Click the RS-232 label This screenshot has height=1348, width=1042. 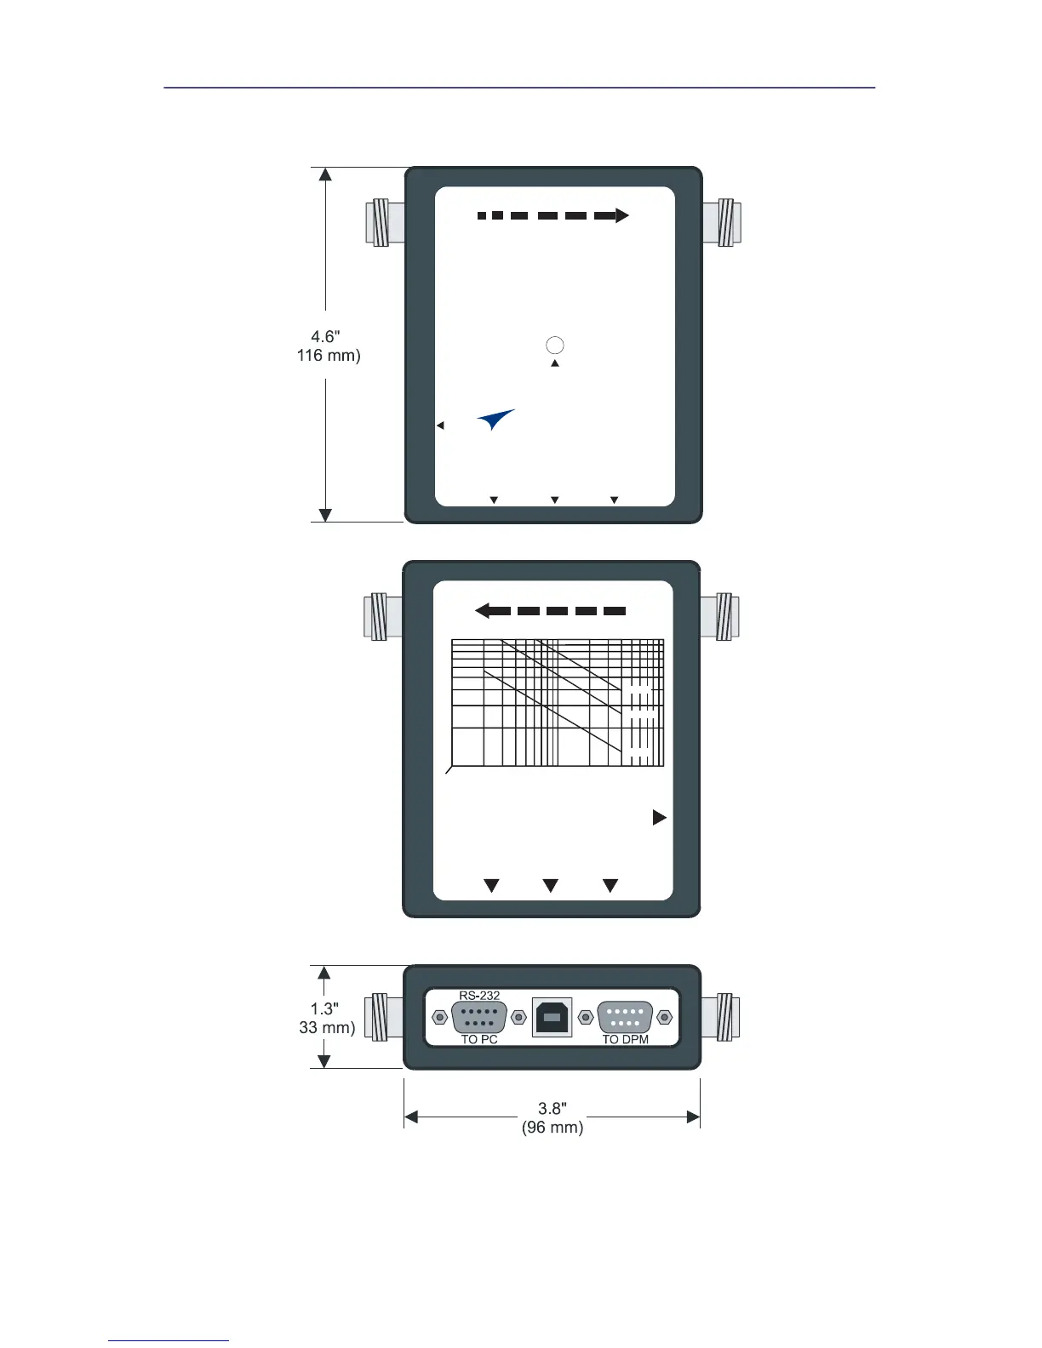pyautogui.click(x=479, y=995)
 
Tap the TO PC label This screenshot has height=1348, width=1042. pyautogui.click(x=479, y=1039)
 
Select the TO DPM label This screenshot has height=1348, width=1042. pyautogui.click(x=625, y=1039)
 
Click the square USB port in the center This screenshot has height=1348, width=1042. pyautogui.click(x=552, y=1017)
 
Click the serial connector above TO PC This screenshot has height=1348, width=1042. pyautogui.click(x=479, y=1017)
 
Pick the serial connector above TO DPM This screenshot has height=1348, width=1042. pyautogui.click(x=625, y=1017)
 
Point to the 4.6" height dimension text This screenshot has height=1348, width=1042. pyautogui.click(x=325, y=337)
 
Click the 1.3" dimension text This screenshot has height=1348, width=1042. pyautogui.click(x=324, y=1008)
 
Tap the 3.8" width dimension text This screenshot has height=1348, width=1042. pyautogui.click(x=552, y=1108)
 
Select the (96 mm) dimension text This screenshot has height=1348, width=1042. pyautogui.click(x=552, y=1128)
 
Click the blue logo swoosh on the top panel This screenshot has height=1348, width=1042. pyautogui.click(x=495, y=420)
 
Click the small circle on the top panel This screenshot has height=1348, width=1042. pyautogui.click(x=554, y=345)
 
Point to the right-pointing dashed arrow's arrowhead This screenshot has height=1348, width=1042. pyautogui.click(x=621, y=215)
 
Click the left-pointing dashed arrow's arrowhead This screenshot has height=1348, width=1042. pyautogui.click(x=482, y=610)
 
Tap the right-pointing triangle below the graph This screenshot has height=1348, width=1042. pyautogui.click(x=659, y=817)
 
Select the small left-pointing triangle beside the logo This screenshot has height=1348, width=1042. pyautogui.click(x=440, y=425)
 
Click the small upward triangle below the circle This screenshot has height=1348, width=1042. pyautogui.click(x=554, y=363)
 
